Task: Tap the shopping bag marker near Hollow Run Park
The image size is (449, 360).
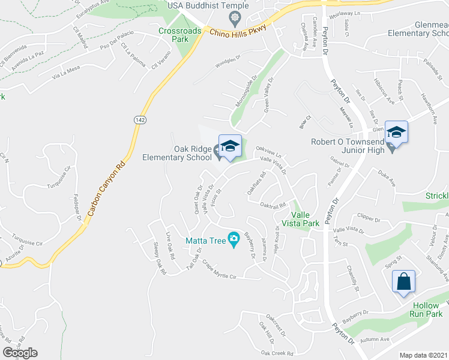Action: click(x=403, y=281)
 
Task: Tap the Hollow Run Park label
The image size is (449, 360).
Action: click(x=426, y=310)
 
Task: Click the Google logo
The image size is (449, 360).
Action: click(x=20, y=353)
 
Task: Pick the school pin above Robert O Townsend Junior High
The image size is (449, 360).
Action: click(x=396, y=132)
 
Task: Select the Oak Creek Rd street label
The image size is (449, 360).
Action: click(x=277, y=353)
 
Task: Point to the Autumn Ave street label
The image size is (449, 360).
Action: click(x=376, y=340)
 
